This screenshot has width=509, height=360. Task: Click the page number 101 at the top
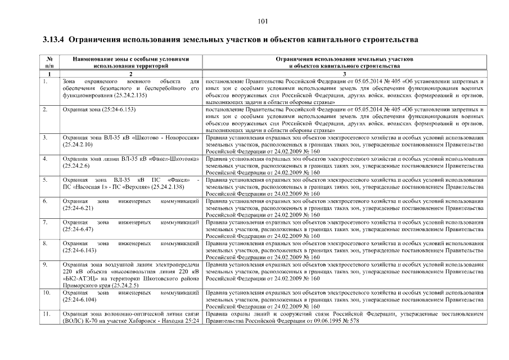click(x=262, y=21)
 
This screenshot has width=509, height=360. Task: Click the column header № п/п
click(x=49, y=62)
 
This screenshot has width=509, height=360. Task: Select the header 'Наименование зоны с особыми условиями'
click(x=130, y=59)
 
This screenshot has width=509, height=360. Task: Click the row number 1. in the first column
click(x=44, y=82)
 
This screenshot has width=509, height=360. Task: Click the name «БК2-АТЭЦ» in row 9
click(x=79, y=278)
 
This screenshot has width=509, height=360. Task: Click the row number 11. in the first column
click(x=46, y=313)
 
